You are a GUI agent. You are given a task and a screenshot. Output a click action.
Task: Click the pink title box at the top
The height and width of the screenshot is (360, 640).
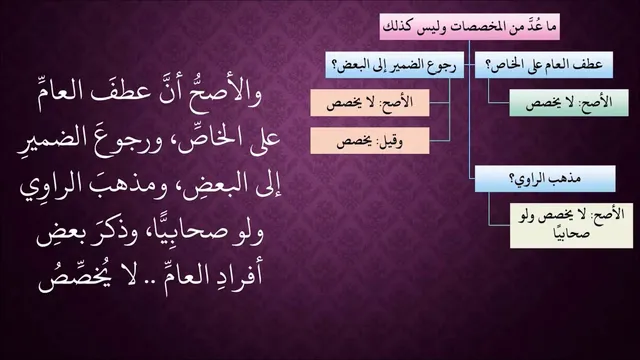469,27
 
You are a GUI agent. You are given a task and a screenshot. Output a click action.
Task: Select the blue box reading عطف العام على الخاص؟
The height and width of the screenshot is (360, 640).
544,65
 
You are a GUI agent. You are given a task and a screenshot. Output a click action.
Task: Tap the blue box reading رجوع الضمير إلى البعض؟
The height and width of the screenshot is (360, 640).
395,65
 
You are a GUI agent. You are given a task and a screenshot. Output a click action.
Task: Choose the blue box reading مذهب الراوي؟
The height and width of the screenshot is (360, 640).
545,179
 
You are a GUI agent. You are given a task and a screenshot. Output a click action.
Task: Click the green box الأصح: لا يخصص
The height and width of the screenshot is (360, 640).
569,103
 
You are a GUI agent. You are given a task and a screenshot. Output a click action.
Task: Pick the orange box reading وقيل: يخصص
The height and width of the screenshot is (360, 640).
370,141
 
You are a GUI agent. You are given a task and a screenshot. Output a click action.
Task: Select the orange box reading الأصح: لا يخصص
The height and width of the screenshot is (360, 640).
370,103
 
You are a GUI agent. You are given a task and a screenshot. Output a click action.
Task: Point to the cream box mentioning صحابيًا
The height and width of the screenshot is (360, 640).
571,226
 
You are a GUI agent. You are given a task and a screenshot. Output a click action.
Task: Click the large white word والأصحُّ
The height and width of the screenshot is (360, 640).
225,93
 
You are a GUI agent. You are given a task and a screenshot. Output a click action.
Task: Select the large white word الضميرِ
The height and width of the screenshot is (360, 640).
46,139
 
